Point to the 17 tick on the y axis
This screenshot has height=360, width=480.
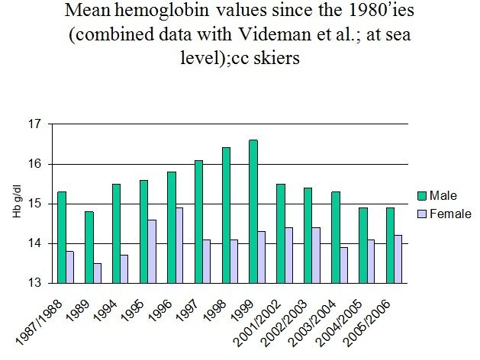(x=33, y=124)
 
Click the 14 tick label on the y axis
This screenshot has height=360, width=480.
(x=33, y=243)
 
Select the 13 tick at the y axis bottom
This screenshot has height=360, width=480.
(x=33, y=283)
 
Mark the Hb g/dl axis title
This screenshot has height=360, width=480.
(x=15, y=204)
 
